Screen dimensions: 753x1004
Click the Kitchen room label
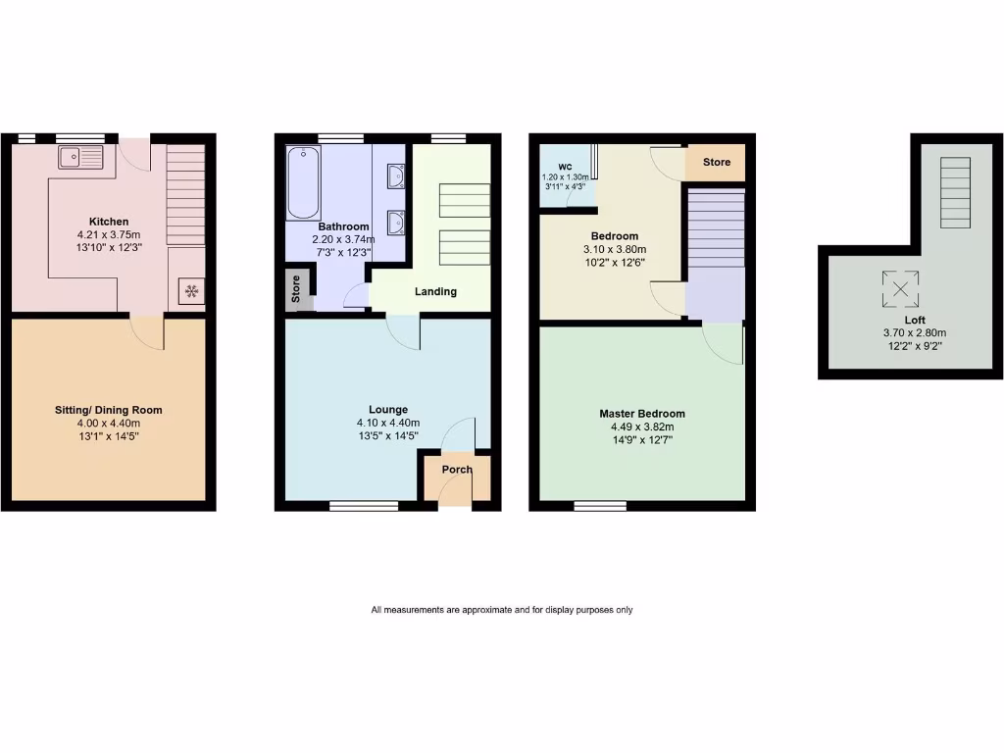tap(109, 222)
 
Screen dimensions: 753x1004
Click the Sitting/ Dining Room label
tap(109, 410)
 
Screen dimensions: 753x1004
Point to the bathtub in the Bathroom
tap(303, 182)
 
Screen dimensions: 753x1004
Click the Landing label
tap(435, 291)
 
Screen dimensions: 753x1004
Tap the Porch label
tap(457, 470)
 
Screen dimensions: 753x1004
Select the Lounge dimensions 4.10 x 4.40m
tap(388, 423)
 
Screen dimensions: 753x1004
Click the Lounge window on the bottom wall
tap(364, 506)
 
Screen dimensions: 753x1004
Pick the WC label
tap(565, 167)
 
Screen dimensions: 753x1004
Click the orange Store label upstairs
tap(716, 162)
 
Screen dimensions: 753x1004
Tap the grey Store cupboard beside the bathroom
tap(296, 289)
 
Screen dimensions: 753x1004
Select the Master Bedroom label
tap(642, 414)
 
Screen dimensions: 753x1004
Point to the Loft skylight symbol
tap(900, 288)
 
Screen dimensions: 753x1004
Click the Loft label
tap(915, 320)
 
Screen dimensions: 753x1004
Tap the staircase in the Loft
tap(954, 191)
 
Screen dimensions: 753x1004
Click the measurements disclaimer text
tap(501, 610)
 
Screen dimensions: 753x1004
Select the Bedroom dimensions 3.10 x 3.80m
tap(615, 249)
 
